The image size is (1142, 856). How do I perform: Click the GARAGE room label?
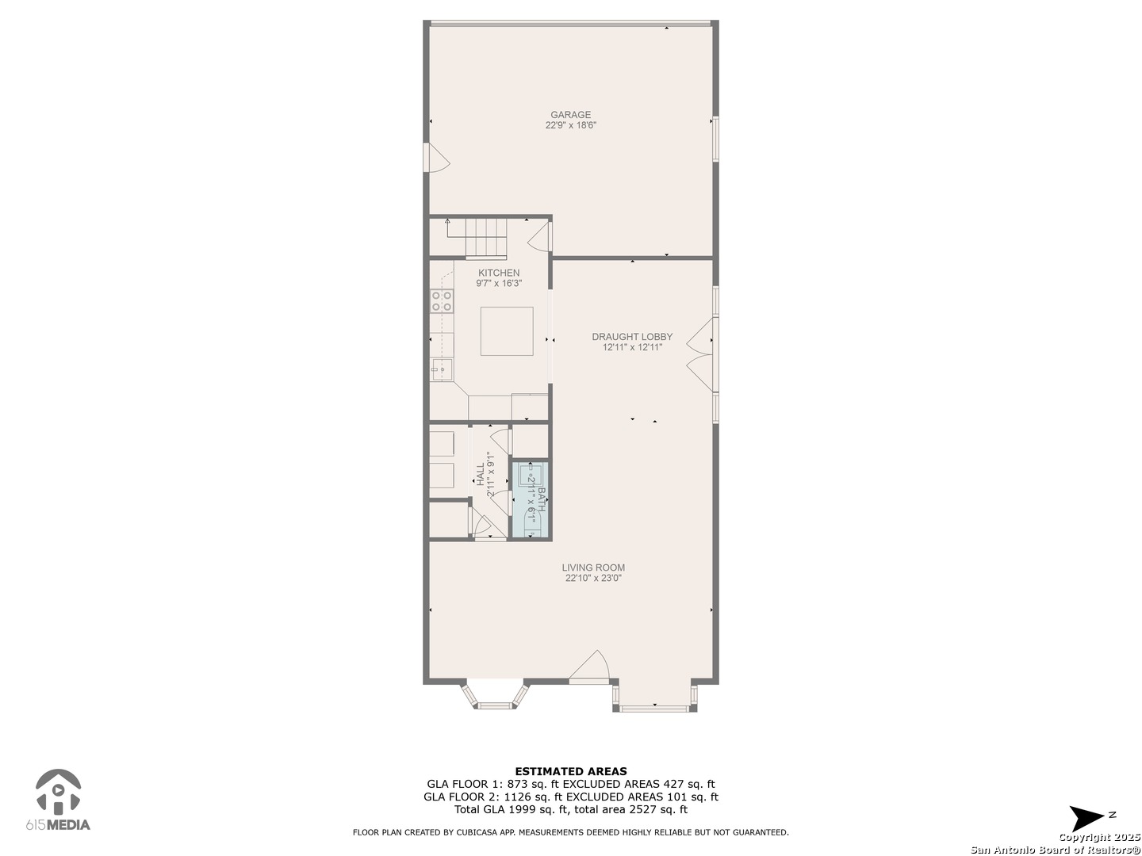(570, 114)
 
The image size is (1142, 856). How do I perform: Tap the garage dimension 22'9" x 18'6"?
(570, 125)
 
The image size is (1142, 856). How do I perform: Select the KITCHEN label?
(498, 273)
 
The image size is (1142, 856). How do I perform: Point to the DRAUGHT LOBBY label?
(631, 337)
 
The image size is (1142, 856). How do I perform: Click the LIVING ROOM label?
(593, 567)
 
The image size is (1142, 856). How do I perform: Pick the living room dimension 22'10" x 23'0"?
(593, 578)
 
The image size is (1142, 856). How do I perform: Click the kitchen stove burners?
(441, 301)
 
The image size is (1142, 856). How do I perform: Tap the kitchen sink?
(442, 369)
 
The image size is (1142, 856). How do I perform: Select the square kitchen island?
(506, 331)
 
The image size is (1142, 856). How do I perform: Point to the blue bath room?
(529, 499)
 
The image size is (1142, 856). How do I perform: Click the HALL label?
(481, 474)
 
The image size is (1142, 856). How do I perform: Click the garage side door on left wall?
(436, 158)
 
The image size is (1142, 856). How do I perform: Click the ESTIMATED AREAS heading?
(571, 771)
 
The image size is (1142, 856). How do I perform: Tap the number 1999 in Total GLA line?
(522, 809)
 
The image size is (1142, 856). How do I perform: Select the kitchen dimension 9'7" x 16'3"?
(498, 284)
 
